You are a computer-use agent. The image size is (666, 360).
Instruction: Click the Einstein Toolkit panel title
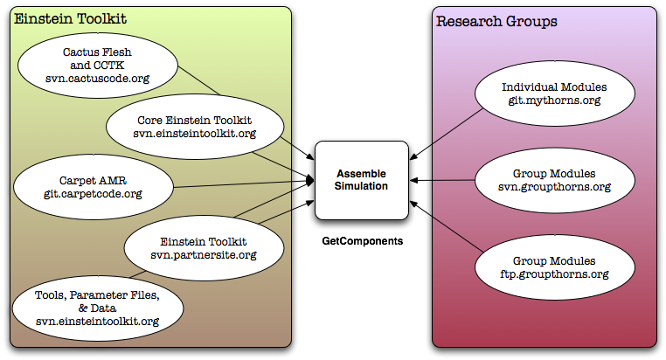[x=71, y=18]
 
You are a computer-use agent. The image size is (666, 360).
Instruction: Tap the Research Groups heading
[x=496, y=21]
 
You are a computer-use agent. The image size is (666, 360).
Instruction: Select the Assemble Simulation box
[x=362, y=180]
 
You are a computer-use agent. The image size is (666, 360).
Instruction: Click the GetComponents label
[x=363, y=241]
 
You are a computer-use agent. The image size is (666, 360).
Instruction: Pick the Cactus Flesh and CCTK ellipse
[x=98, y=66]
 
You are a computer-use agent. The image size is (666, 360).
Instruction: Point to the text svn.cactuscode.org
[x=98, y=79]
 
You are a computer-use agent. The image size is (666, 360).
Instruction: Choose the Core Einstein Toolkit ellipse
[x=195, y=127]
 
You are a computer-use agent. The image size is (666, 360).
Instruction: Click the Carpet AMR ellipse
[x=94, y=187]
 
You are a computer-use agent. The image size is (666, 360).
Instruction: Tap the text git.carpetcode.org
[x=93, y=194]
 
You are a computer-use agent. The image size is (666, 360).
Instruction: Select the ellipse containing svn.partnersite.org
[x=204, y=248]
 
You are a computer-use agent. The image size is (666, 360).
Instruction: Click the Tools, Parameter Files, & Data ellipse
[x=98, y=308]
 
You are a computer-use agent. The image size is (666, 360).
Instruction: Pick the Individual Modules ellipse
[x=555, y=93]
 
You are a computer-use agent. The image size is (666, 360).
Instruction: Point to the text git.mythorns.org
[x=555, y=100]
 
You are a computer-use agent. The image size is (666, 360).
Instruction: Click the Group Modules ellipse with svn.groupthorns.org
[x=555, y=180]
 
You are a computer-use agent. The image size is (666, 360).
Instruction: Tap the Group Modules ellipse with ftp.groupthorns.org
[x=555, y=267]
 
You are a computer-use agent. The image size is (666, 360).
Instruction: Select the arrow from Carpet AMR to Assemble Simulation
[x=244, y=184]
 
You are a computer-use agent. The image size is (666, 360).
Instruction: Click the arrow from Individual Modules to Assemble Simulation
[x=446, y=135]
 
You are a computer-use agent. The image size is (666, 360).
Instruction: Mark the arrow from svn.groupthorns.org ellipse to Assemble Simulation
[x=442, y=180]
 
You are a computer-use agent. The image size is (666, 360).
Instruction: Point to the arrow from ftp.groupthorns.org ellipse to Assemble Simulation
[x=446, y=226]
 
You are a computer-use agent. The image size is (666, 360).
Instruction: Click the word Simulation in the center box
[x=361, y=186]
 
